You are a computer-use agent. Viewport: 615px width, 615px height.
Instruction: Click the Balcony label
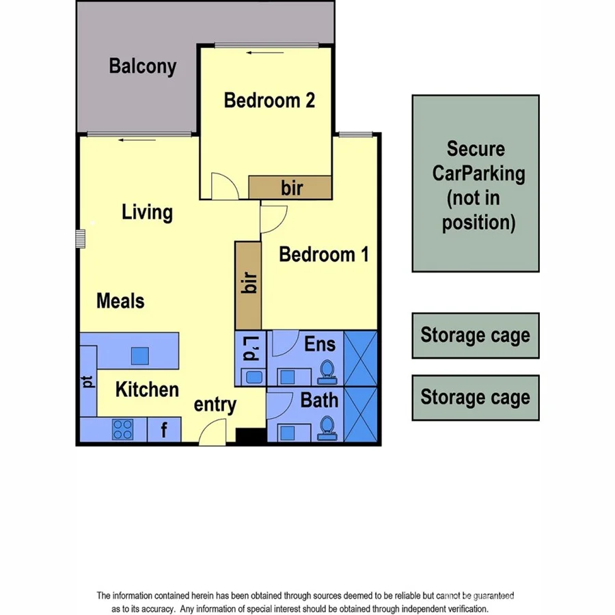pos(143,66)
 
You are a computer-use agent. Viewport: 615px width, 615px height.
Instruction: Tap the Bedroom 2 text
pos(269,100)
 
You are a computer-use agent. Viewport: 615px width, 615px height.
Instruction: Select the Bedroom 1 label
pos(324,255)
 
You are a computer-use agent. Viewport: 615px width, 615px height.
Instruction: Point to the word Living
pos(147,212)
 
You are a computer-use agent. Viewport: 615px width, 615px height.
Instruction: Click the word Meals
pos(120,301)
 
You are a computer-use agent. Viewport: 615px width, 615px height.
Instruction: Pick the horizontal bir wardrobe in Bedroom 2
pos(290,187)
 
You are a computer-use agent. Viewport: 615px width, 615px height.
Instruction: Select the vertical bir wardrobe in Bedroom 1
pos(248,284)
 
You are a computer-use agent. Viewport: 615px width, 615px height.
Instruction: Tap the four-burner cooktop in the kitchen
pos(123,430)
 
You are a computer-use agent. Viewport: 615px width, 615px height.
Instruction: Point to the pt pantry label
pos(88,381)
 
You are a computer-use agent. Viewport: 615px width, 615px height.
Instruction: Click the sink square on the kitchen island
pos(139,355)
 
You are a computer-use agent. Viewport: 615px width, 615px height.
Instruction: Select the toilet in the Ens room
pos(327,371)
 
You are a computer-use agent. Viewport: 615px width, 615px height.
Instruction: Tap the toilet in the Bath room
pos(327,427)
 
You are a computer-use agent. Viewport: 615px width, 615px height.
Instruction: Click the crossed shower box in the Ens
pos(360,359)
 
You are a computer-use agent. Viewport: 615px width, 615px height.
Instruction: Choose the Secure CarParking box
pos(476,183)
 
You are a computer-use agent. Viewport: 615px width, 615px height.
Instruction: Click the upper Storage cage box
pos(476,336)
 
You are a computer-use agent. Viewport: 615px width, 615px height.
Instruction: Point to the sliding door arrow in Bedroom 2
pos(260,53)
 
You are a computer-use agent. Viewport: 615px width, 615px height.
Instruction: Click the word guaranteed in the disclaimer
pos(489,596)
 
